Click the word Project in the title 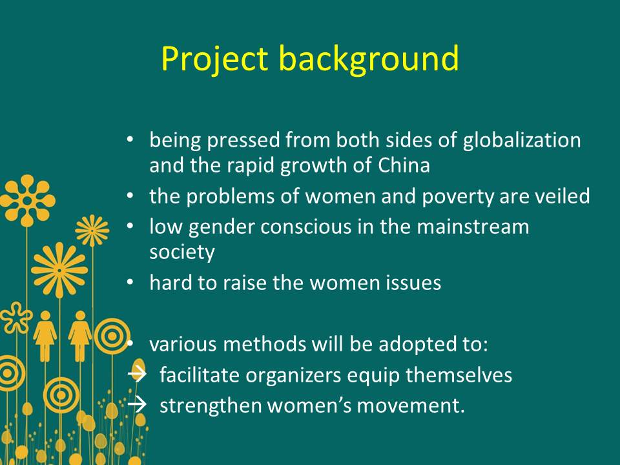point(214,59)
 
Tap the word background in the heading point(369,59)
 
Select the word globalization point(522,141)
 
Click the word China point(404,165)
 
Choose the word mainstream point(473,227)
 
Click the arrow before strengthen point(137,404)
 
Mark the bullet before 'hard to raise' point(130,283)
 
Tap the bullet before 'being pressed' point(130,140)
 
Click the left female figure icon point(45,336)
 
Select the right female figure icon point(80,336)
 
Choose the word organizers point(293,376)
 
